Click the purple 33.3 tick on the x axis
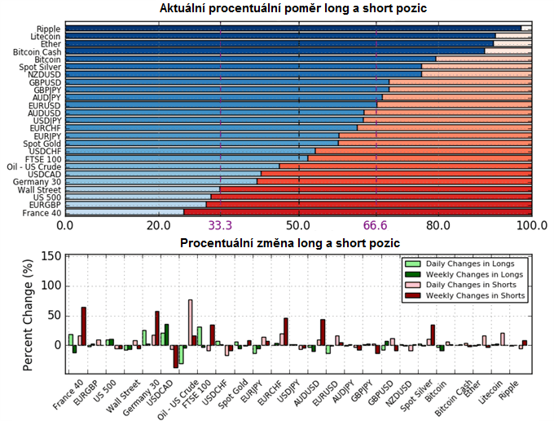221,225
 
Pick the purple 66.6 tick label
376,225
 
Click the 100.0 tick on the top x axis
532,225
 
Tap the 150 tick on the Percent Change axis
51,256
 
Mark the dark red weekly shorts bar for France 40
83,326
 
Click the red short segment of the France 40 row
358,212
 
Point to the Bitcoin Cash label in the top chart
37,51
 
